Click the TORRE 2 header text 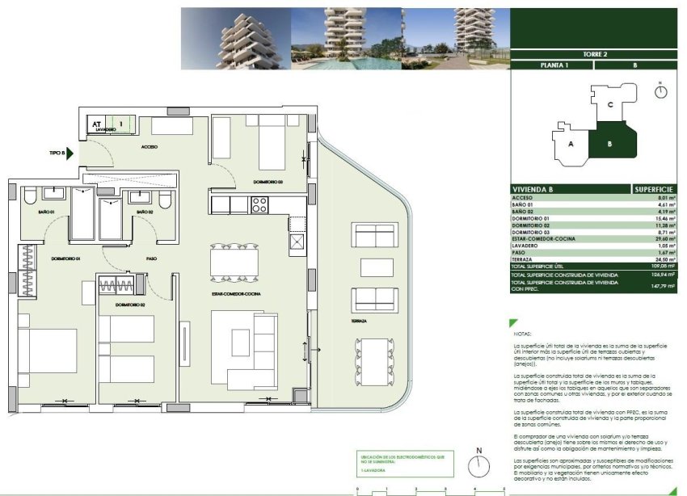click(594, 54)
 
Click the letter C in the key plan click(610, 104)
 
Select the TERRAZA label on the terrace click(360, 321)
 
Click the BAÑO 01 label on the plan click(45, 212)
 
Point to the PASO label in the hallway click(151, 259)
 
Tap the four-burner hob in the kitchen click(259, 205)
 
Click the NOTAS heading click(523, 333)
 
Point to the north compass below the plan click(479, 464)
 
